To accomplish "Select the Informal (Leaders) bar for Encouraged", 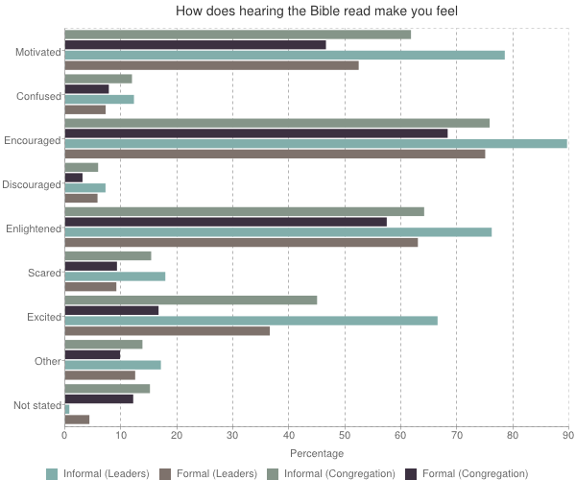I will [315, 143].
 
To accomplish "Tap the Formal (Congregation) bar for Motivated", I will [195, 44].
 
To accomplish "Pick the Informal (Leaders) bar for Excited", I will [251, 321].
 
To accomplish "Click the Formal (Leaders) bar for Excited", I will [167, 331].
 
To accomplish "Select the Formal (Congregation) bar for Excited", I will [111, 310].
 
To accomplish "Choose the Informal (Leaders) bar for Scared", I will [114, 276].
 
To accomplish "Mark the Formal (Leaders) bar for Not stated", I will [77, 419].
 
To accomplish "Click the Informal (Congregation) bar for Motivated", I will [237, 35].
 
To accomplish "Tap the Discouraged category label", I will [32, 184].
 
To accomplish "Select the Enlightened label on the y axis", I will [33, 228].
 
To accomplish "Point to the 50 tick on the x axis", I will [345, 435].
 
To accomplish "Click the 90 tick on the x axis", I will [567, 435].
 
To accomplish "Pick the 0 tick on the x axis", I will [64, 435].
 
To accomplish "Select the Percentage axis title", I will [316, 452].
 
